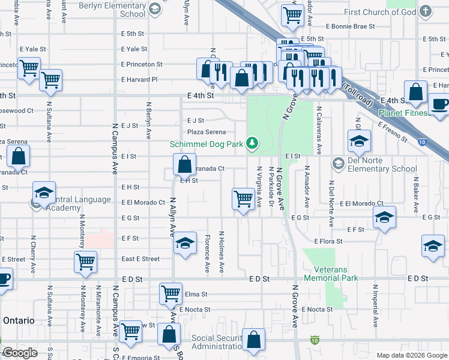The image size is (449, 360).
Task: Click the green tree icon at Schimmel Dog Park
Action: (x=253, y=142)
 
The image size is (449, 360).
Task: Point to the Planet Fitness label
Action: (x=403, y=113)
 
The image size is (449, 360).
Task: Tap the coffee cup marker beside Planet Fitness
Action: (x=441, y=103)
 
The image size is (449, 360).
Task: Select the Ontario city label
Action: (x=19, y=320)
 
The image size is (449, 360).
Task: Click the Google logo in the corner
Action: (x=20, y=353)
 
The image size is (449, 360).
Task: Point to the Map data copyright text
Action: (x=411, y=355)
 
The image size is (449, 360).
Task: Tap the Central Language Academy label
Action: (x=71, y=204)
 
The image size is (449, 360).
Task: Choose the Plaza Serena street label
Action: (x=206, y=132)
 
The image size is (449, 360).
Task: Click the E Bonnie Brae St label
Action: (x=350, y=26)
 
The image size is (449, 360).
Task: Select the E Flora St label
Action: (x=328, y=241)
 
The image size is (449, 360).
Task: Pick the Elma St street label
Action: (x=196, y=295)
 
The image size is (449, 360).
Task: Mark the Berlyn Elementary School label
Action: (x=124, y=10)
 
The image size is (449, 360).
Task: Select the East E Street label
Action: (x=140, y=259)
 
